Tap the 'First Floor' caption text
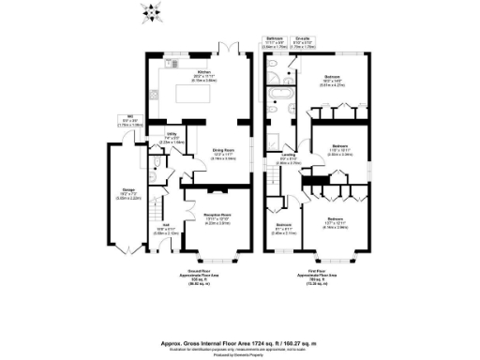click(x=319, y=272)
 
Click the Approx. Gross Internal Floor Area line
click(x=240, y=320)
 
